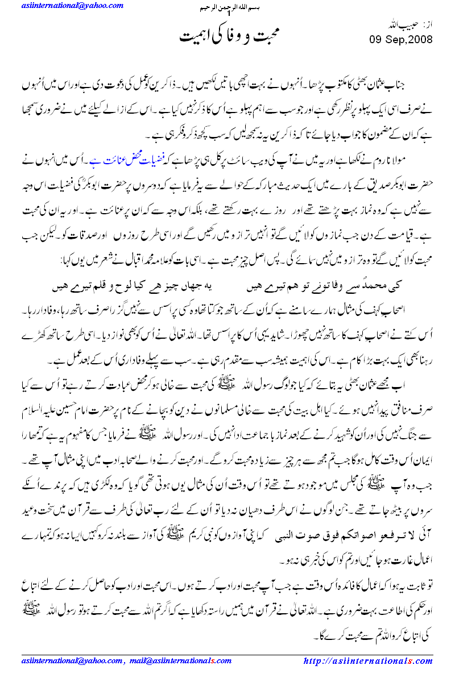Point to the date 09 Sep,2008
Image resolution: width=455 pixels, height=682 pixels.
[x=401, y=40]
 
